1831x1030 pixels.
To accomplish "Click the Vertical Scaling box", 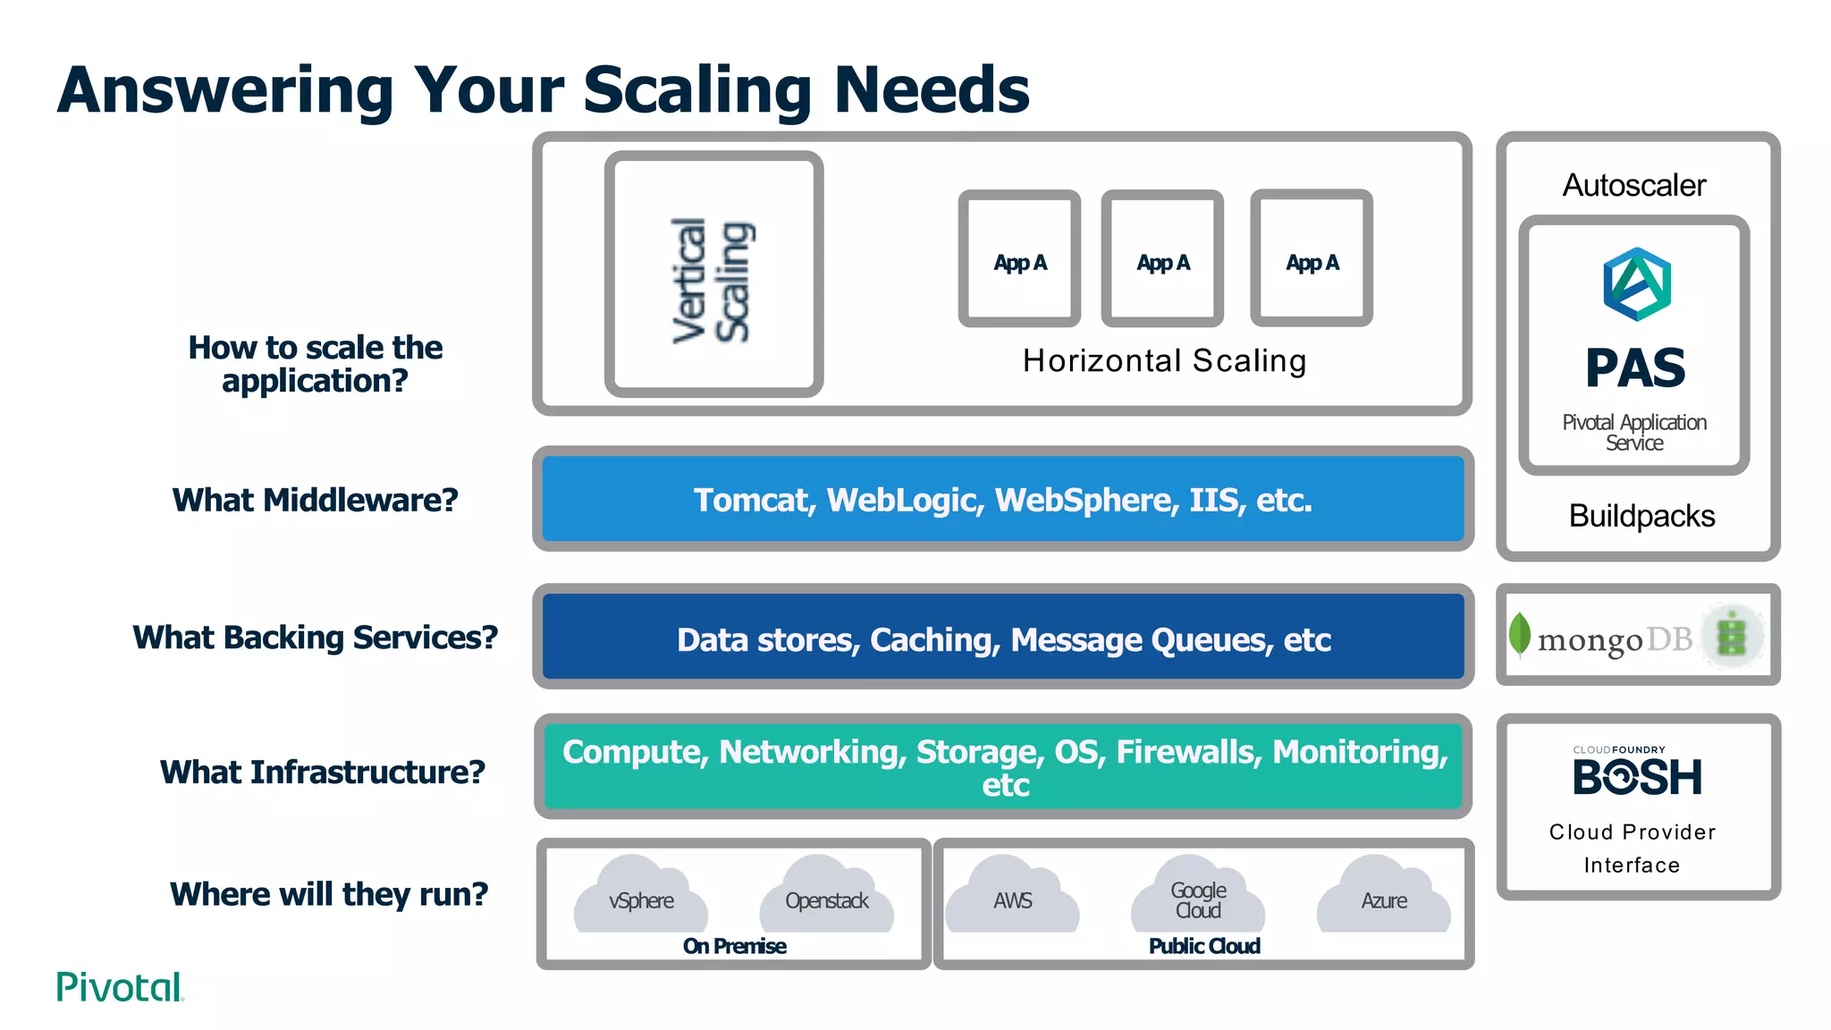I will click(713, 274).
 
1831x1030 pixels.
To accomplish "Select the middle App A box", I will click(1162, 259).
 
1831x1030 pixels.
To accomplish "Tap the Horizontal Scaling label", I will click(1164, 361).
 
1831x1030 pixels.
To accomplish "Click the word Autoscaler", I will click(1633, 185).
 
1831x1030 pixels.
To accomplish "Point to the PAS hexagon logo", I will click(1636, 284).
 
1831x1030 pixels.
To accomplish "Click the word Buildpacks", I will click(1641, 516).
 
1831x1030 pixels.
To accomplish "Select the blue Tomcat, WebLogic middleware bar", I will click(1002, 499).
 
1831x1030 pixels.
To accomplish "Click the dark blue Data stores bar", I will click(1002, 638).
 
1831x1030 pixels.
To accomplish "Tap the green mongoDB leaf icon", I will click(1519, 634).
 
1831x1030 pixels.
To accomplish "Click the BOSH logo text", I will click(1637, 777).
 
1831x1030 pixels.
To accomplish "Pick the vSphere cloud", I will click(641, 897).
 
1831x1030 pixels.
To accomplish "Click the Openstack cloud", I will click(826, 897).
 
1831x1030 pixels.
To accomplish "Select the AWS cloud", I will click(1012, 897).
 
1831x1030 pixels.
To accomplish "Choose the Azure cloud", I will click(1383, 897).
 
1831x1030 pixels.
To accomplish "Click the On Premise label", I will click(734, 946).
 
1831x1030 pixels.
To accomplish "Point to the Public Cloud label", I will click(1203, 946).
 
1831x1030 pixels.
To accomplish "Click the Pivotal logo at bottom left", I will click(120, 987).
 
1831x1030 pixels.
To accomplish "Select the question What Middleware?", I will click(315, 500).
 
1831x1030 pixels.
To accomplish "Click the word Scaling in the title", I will click(696, 90).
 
